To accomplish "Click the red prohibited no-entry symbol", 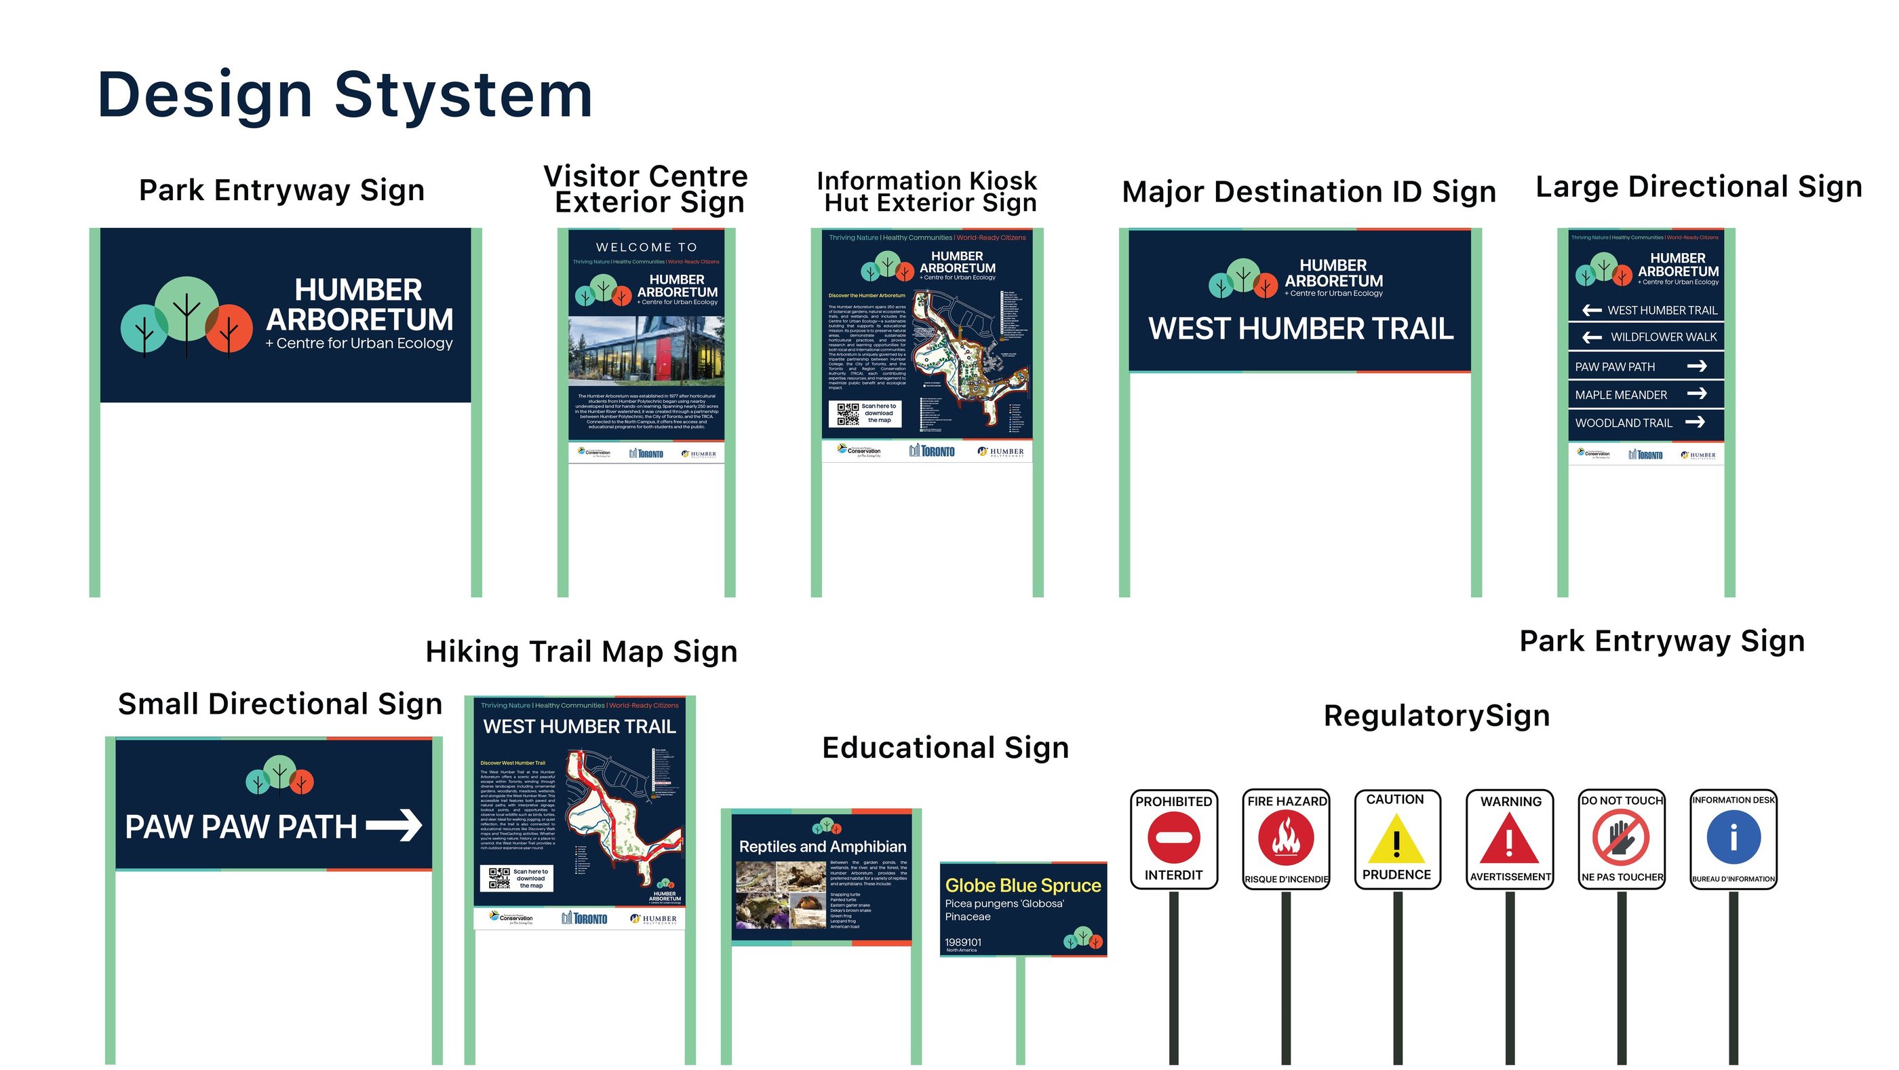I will point(1173,838).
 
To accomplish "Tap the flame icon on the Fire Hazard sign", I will point(1286,839).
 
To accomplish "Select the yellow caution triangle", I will point(1396,840).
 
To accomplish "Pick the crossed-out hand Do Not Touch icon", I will point(1621,838).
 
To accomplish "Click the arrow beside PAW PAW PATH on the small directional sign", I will point(395,825).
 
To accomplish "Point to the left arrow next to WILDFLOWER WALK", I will point(1592,337).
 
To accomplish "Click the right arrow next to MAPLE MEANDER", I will point(1697,394).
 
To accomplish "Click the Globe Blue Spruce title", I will point(1023,885).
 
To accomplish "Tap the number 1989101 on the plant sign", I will point(963,942).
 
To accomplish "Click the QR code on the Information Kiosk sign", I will point(848,414).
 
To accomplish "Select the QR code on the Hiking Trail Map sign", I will point(499,878).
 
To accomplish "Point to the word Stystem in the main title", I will point(464,95).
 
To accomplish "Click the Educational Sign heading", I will point(945,748).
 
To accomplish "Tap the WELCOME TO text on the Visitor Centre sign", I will point(646,247).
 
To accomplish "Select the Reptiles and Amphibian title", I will point(822,847).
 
